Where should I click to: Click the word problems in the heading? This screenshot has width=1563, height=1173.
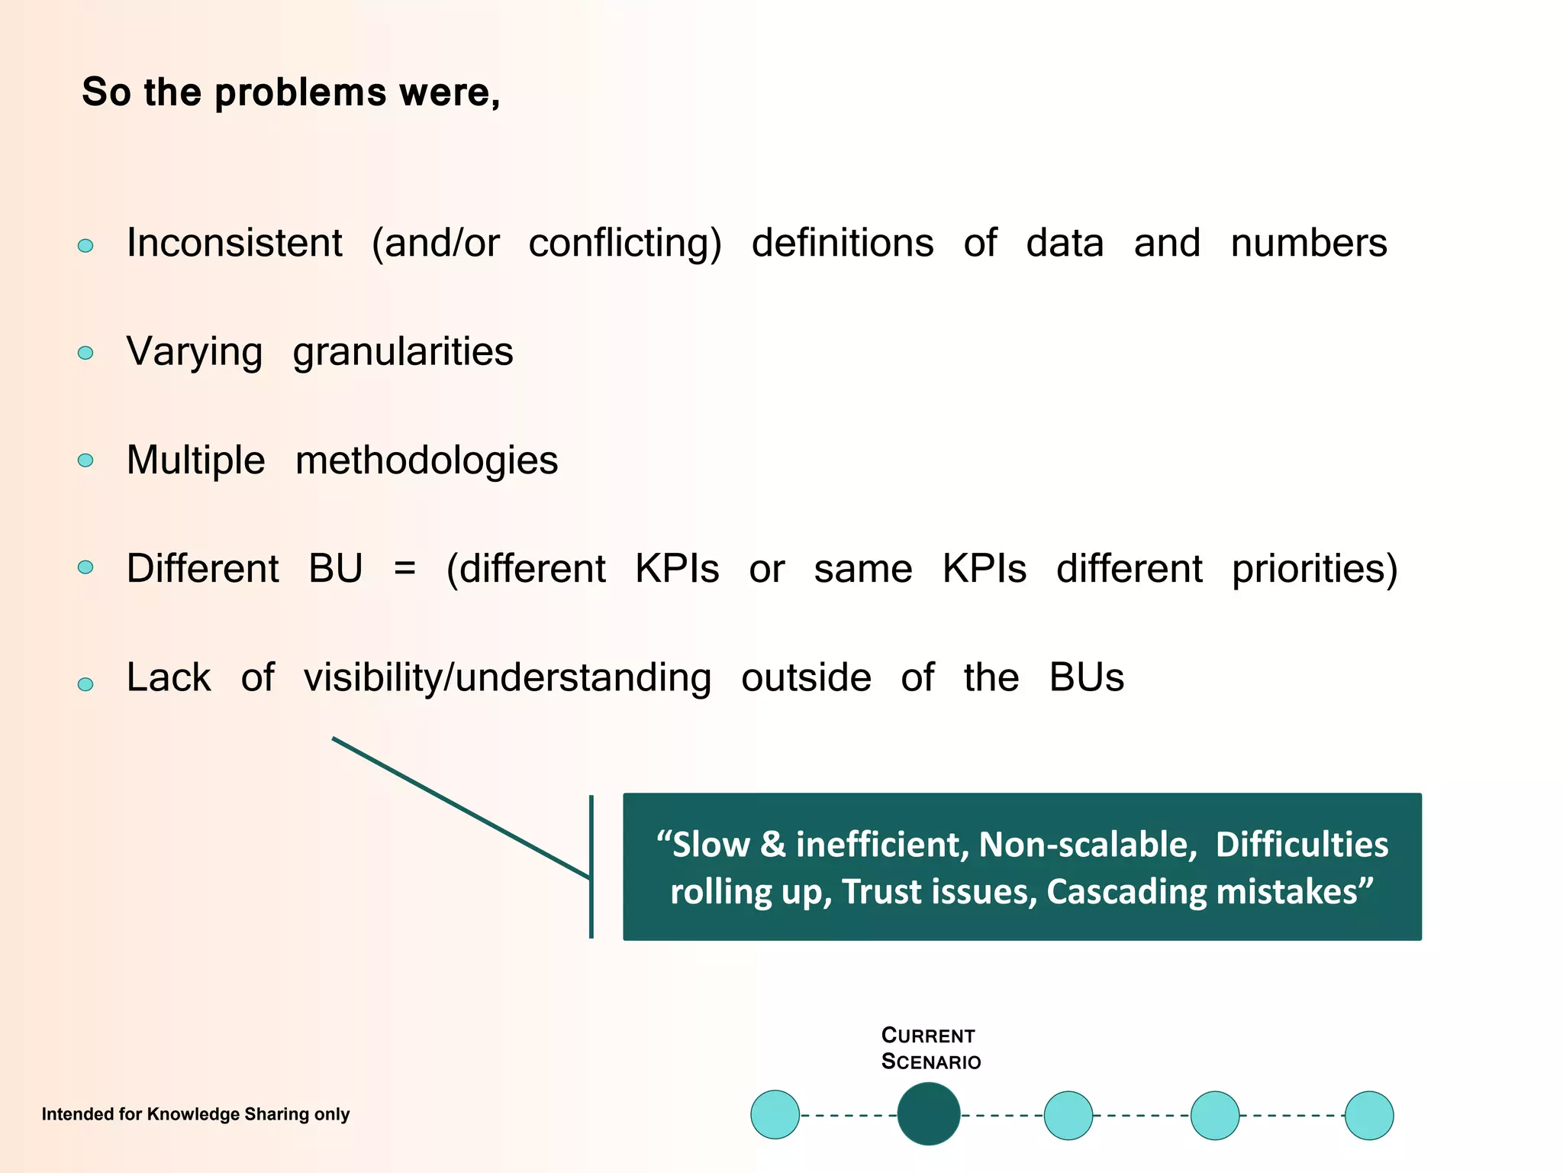300,93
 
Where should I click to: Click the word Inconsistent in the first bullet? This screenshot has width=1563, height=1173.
234,244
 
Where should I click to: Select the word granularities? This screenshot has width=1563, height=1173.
402,353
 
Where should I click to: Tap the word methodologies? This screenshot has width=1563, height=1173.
426,461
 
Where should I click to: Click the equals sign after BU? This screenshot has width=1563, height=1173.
404,570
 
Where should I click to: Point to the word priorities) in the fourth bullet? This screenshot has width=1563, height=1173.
1314,570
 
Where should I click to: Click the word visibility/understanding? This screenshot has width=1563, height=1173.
507,678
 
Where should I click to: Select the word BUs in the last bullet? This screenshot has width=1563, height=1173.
1086,678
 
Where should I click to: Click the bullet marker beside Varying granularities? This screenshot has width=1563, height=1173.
85,353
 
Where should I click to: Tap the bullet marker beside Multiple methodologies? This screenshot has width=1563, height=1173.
85,460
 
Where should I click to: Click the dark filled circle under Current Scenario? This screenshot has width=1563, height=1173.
928,1114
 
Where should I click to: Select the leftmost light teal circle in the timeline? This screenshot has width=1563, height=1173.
775,1115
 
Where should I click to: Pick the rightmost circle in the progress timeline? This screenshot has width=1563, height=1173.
1368,1115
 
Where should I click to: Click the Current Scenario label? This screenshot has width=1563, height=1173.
930,1049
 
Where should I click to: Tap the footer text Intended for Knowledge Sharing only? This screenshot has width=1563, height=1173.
195,1114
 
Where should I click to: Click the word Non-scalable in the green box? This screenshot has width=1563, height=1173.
1087,845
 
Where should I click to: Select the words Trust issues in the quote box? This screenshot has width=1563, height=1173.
939,892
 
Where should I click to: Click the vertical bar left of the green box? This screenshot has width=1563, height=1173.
591,867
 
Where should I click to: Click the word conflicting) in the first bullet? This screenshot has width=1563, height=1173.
624,244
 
